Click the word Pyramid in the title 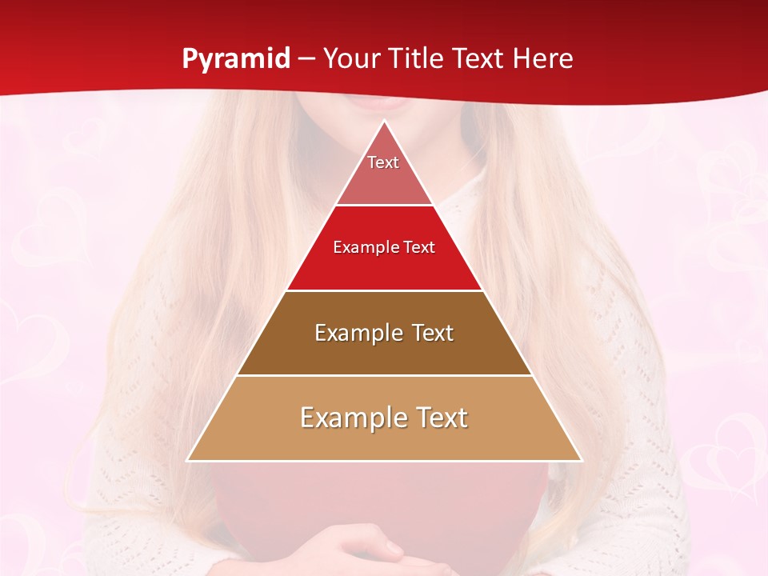(236, 59)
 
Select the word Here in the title (543, 59)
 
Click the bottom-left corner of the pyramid (188, 460)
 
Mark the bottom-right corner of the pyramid (582, 460)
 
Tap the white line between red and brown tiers (384, 290)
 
